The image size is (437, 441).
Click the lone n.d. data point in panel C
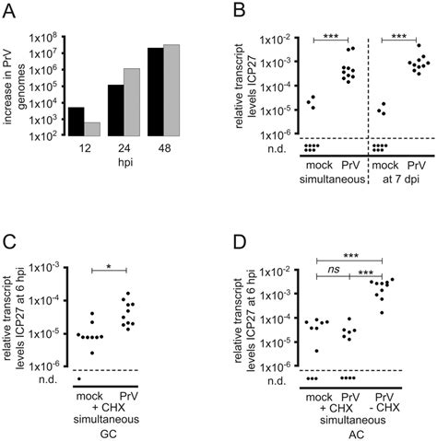(78, 378)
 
